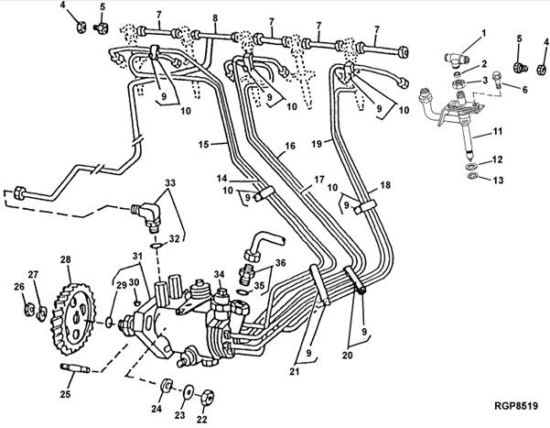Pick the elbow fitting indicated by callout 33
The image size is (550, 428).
tap(147, 218)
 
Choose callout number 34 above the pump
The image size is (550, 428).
tap(218, 273)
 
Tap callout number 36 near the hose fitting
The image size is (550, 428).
tap(280, 262)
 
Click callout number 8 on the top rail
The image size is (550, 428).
tap(215, 17)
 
